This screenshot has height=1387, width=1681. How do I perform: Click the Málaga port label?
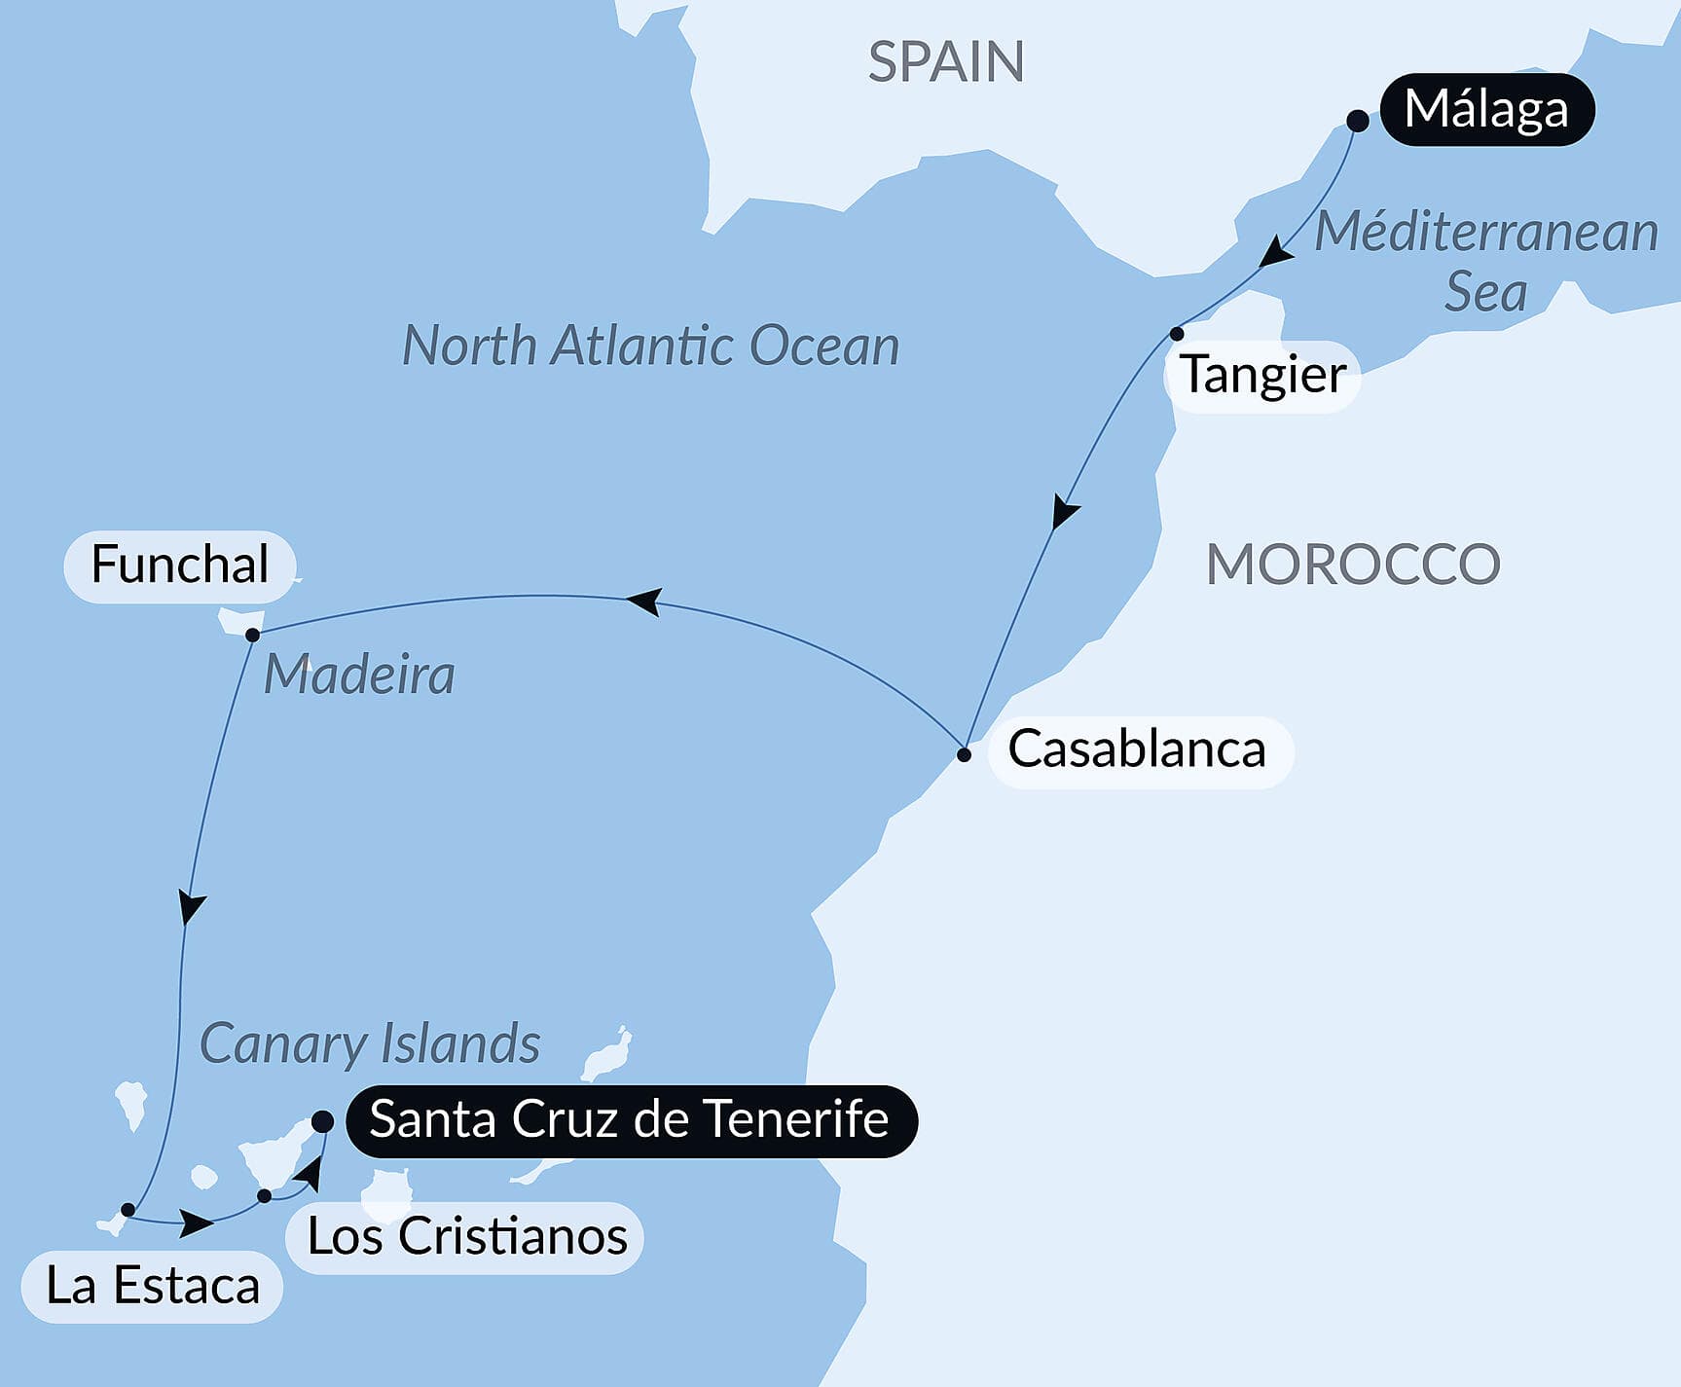(1486, 109)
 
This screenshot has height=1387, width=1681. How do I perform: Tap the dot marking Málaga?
(1358, 121)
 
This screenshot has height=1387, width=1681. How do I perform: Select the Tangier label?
(1262, 375)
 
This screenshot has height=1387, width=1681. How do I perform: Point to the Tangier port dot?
(1177, 334)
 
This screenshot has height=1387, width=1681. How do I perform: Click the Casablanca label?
(1137, 749)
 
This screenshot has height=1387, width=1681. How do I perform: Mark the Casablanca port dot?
(964, 754)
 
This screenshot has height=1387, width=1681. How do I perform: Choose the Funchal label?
(179, 566)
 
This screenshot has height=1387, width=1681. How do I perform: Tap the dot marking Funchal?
(252, 635)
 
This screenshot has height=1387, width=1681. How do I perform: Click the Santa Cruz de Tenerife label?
(630, 1119)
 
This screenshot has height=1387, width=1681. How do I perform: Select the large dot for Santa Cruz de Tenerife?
(322, 1121)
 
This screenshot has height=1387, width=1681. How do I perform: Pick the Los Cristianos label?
(467, 1237)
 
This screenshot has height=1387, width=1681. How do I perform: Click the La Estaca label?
(153, 1286)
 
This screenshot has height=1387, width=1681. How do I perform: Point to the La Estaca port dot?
(128, 1210)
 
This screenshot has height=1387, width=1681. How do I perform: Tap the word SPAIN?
(945, 62)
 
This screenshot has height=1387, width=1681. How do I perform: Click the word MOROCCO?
(1352, 565)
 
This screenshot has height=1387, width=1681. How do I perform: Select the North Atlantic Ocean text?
(650, 346)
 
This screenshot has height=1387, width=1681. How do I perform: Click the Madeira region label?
(359, 675)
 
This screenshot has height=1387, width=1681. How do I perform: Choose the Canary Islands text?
(370, 1044)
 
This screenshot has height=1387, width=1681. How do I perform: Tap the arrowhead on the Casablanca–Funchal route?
(644, 601)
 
